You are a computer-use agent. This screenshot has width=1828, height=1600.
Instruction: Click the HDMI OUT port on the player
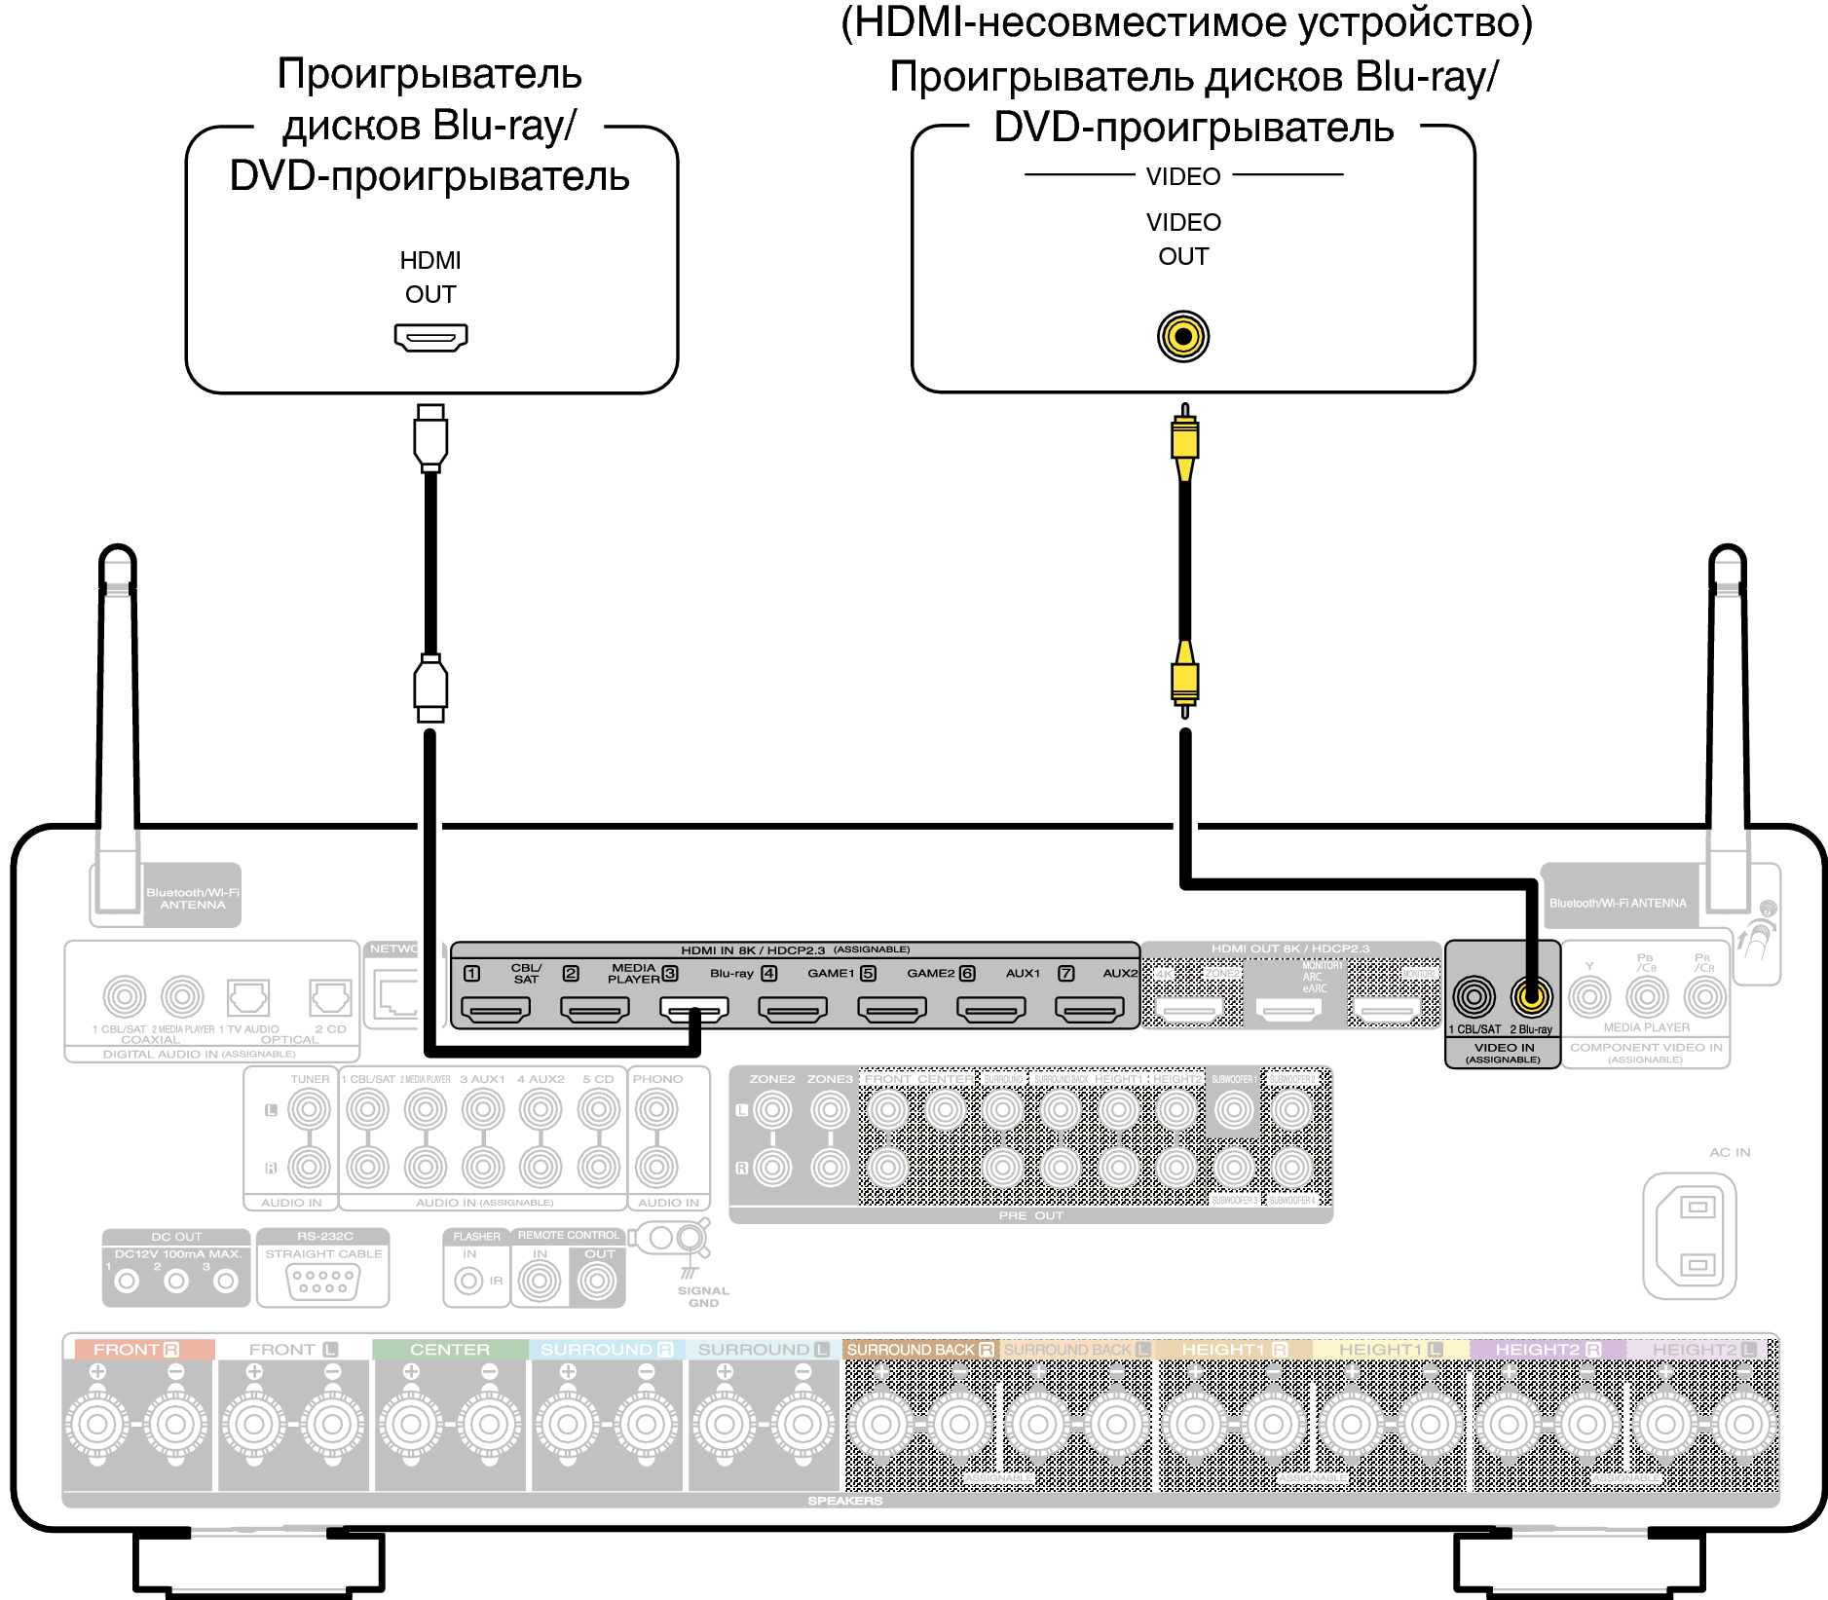(430, 337)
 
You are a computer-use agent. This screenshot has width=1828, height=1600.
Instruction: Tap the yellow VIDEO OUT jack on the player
(1183, 337)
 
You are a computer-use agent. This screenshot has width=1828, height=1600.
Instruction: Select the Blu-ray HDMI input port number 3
(693, 1010)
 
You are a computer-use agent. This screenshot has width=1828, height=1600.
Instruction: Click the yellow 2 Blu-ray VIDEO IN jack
(1531, 996)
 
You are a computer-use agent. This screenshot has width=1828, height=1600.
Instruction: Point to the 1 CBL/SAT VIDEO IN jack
(1474, 996)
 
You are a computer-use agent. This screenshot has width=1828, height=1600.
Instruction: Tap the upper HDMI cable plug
(430, 437)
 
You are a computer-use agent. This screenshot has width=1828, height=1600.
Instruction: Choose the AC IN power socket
(1690, 1236)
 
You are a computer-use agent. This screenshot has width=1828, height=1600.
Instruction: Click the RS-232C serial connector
(323, 1281)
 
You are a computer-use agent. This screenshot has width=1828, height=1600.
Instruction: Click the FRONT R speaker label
(137, 1350)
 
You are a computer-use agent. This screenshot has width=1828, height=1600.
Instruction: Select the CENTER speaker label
(449, 1350)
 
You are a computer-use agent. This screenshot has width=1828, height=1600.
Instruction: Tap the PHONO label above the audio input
(657, 1079)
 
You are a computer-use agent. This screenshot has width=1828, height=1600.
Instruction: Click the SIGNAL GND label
(703, 1296)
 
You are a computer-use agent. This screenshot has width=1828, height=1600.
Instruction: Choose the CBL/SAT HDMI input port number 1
(496, 1010)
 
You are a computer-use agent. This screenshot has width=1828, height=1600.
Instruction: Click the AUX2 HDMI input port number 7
(1090, 1010)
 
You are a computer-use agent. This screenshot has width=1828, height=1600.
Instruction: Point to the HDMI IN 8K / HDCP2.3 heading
(753, 949)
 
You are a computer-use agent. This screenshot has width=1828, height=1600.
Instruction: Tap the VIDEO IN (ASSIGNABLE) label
(1504, 1053)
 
